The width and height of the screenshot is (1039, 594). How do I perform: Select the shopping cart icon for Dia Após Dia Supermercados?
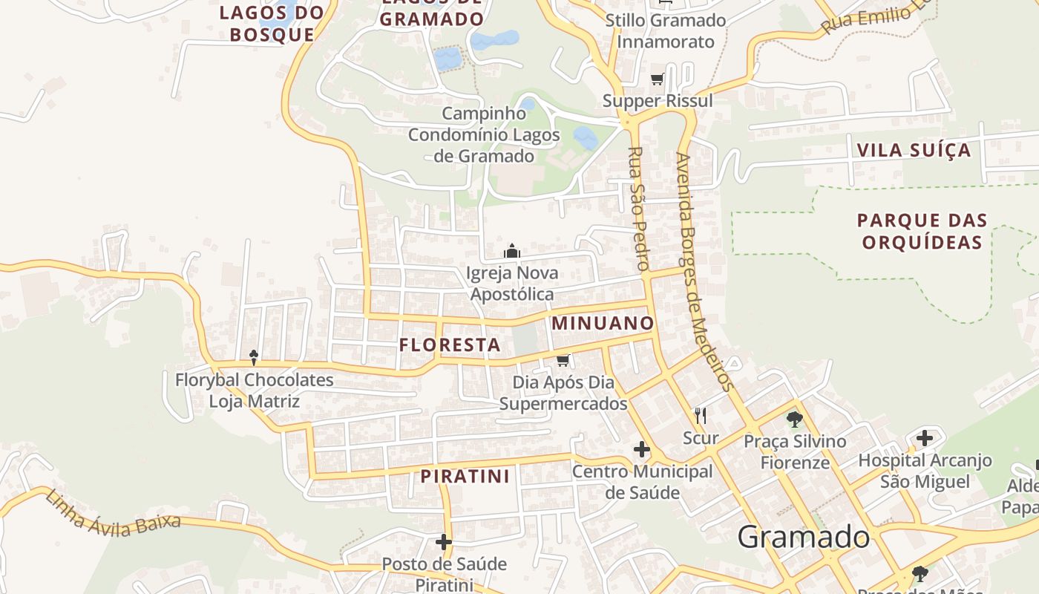point(563,361)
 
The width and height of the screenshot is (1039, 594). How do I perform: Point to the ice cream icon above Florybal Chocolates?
point(254,358)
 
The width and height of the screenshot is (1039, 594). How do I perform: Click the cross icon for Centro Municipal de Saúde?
point(642,449)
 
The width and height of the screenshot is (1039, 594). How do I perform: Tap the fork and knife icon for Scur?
point(700,415)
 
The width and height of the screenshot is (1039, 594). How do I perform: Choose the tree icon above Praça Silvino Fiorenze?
point(795,420)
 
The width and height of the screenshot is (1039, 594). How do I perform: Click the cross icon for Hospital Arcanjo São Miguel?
point(924,438)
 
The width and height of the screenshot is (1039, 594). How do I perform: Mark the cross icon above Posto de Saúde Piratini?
point(444,542)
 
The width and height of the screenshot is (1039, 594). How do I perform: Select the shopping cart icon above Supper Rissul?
point(657,79)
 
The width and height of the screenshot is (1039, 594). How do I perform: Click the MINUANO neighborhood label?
point(603,323)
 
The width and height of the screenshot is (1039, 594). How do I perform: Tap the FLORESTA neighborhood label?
point(450,345)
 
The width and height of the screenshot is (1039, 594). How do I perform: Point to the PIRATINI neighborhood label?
point(465,476)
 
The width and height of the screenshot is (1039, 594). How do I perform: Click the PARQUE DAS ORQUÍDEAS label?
point(922,231)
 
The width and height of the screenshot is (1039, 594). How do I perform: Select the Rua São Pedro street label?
point(638,209)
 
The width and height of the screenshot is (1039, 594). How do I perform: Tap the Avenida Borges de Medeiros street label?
point(704,272)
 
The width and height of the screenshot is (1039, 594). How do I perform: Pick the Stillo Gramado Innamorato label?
point(665,30)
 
